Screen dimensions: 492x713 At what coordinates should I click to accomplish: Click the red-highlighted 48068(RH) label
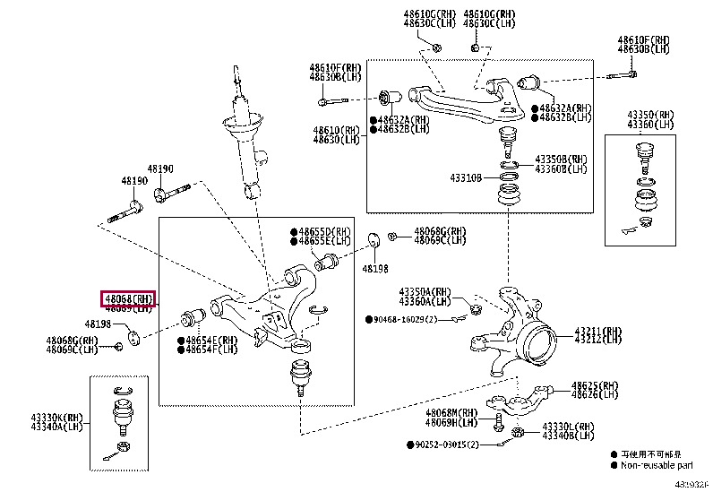[129, 298]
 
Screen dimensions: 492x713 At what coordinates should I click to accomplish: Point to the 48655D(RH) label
[326, 232]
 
